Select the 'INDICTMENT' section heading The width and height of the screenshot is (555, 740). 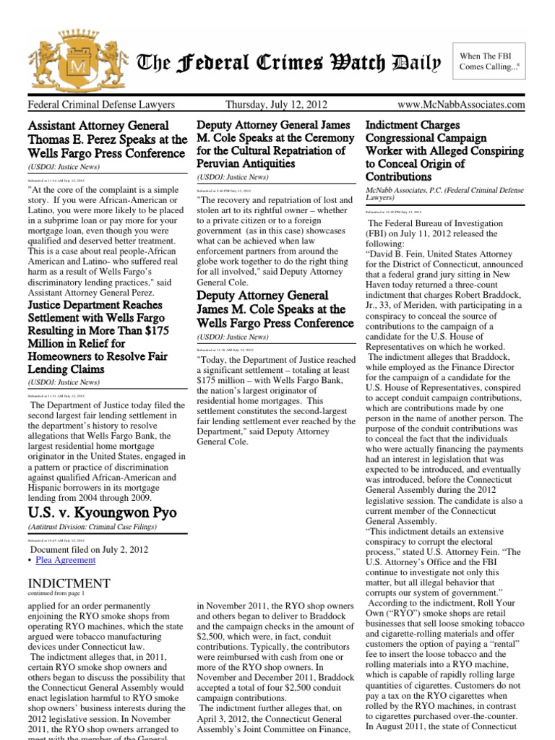[x=69, y=582]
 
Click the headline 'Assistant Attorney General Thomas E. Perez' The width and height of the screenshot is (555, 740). [x=107, y=139]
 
